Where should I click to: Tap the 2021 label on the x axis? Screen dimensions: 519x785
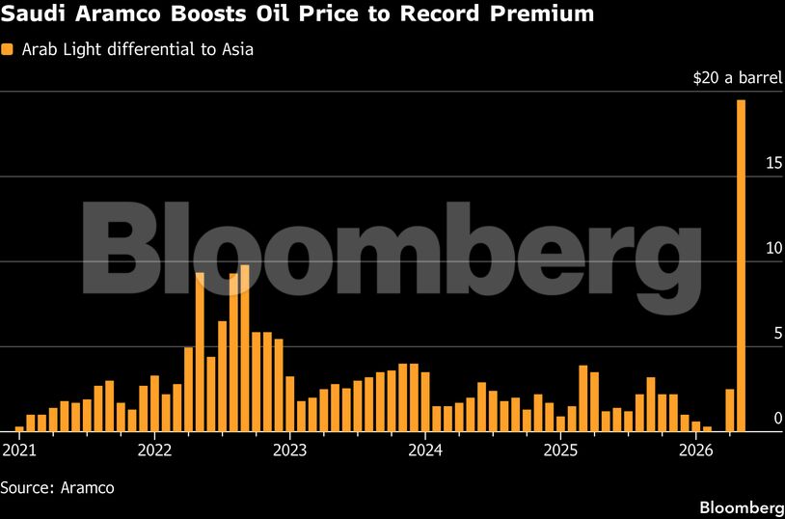tap(19, 450)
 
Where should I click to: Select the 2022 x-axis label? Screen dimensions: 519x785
tap(154, 450)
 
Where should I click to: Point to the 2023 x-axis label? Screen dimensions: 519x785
tap(289, 450)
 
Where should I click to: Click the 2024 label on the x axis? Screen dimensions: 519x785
tap(425, 450)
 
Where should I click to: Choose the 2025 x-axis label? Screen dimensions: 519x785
tap(560, 450)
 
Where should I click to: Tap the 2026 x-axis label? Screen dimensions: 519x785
tap(696, 450)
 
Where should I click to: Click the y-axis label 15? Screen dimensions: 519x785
tap(773, 163)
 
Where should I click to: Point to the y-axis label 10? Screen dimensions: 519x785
tap(773, 248)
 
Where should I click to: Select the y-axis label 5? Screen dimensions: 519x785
tap(777, 333)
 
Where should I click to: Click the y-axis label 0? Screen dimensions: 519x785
tap(777, 418)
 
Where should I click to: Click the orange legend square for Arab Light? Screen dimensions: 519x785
tap(9, 49)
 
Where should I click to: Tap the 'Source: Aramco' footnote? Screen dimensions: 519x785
tap(58, 488)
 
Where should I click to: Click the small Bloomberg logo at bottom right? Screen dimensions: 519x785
tap(741, 507)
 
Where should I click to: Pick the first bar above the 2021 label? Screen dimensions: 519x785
tap(19, 428)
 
